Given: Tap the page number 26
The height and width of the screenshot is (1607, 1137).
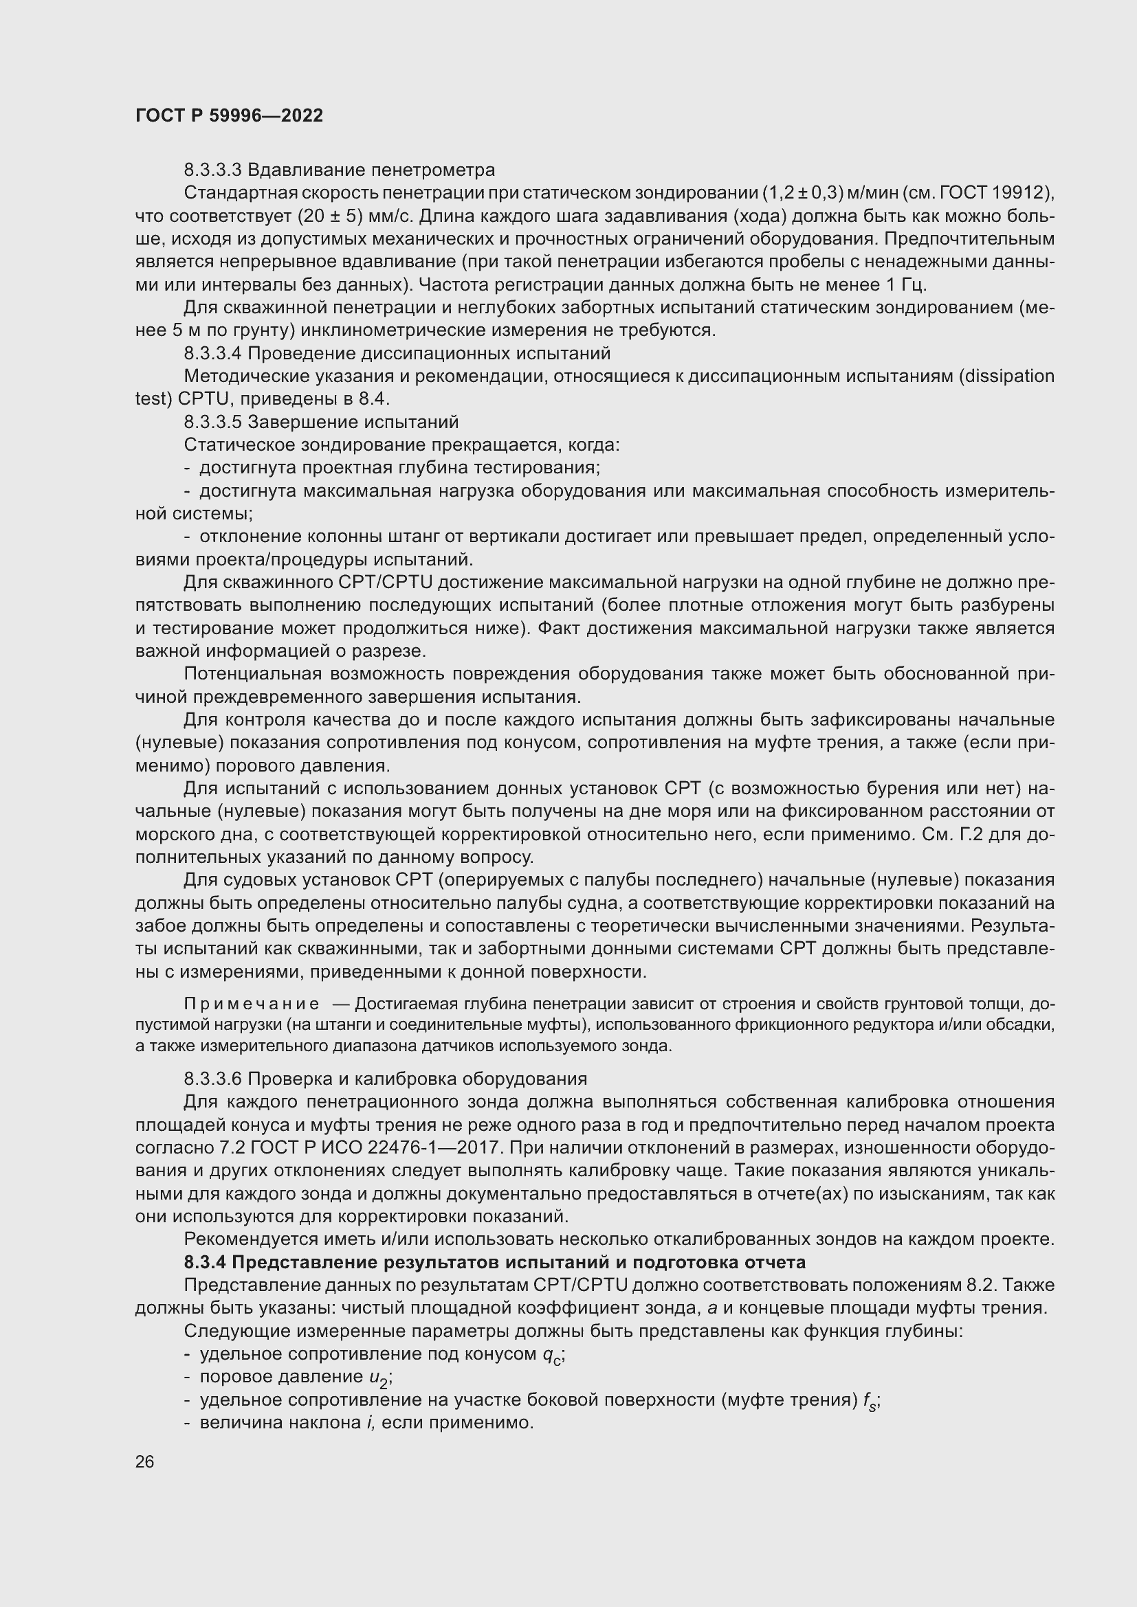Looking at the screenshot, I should coord(144,1461).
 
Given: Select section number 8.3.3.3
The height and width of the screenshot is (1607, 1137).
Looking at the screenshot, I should coord(212,170).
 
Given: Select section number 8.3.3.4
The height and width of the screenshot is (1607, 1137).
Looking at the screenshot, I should coord(212,353).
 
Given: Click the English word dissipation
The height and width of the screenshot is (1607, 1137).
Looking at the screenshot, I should coord(1011,377).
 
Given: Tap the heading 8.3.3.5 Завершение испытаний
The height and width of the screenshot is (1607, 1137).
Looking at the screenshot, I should coord(321,423).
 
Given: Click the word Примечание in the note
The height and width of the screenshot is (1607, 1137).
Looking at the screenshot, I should coord(252,1004).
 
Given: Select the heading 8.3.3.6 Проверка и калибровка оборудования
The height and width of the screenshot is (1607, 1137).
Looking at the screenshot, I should coord(385,1079).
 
